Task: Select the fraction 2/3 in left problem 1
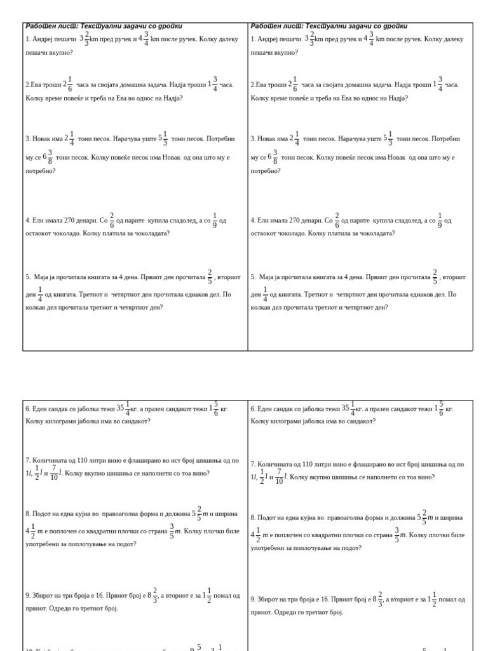click(86, 39)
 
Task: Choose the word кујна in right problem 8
click(308, 518)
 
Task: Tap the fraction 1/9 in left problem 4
click(215, 221)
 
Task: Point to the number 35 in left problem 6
click(120, 408)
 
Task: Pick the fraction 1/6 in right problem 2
click(295, 85)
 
